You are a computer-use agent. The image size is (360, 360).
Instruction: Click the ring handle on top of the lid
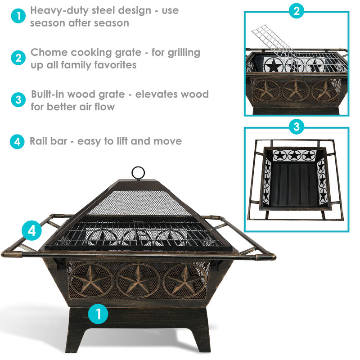[x=138, y=173]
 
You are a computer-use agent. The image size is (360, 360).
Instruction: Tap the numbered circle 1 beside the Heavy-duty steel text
[x=18, y=17]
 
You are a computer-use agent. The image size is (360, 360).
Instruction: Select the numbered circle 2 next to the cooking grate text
[x=18, y=58]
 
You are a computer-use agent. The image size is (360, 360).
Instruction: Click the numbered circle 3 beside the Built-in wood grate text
[x=18, y=100]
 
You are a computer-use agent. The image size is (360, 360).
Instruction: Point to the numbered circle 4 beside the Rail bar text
[x=17, y=142]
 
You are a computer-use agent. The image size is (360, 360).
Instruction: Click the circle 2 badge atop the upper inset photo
[x=296, y=12]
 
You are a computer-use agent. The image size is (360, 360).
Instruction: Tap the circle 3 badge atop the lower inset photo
[x=296, y=127]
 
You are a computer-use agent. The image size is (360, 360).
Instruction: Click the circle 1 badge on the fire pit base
[x=98, y=314]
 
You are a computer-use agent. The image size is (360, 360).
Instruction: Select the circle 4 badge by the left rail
[x=31, y=231]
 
